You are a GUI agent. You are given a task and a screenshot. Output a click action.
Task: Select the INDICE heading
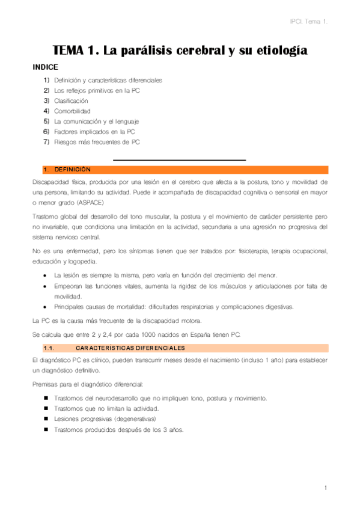click(x=45, y=67)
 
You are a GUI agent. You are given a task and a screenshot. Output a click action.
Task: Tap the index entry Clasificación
click(x=71, y=100)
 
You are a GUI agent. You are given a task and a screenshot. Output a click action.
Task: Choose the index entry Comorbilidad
click(x=72, y=111)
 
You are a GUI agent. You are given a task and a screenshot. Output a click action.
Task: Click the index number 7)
click(x=46, y=142)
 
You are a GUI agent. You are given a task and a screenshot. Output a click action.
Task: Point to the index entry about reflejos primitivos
click(x=96, y=90)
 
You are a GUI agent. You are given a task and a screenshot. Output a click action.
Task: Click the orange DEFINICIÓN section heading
click(x=72, y=170)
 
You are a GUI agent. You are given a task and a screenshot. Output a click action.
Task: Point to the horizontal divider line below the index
click(x=180, y=160)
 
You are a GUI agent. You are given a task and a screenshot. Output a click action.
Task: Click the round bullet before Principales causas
click(x=46, y=307)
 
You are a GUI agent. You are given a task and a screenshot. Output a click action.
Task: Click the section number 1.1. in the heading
click(x=49, y=348)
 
